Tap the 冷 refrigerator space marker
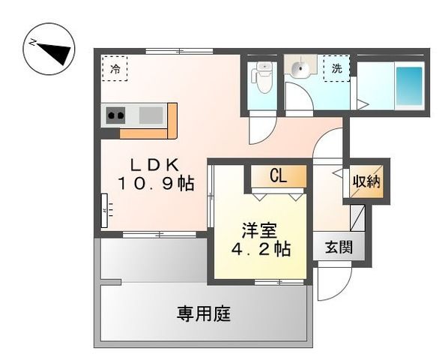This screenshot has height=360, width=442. coord(115,69)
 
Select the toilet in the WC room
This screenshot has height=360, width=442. coord(262,76)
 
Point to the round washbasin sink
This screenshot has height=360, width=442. coord(300,70)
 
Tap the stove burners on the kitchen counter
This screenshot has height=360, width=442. coord(115,115)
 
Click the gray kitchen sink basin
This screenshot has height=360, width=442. coord(151,115)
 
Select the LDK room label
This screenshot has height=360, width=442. coord(156,163)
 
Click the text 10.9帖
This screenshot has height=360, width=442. coord(156,184)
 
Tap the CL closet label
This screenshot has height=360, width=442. coord(278,177)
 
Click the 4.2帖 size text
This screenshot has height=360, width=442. coord(260,250)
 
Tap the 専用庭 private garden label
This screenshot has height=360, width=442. coord(203,313)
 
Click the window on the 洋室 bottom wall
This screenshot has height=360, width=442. coord(279,282)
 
